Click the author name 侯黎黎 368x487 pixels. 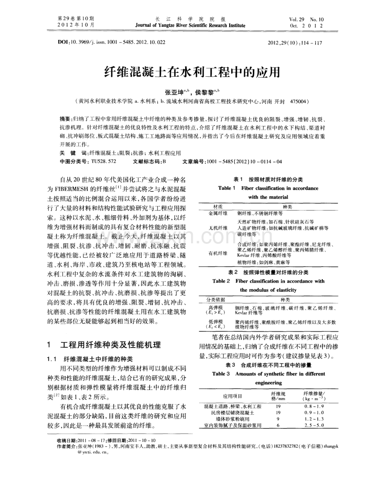[204, 91]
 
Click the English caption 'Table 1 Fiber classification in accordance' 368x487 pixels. [268, 188]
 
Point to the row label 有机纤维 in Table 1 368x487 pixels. [220, 253]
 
